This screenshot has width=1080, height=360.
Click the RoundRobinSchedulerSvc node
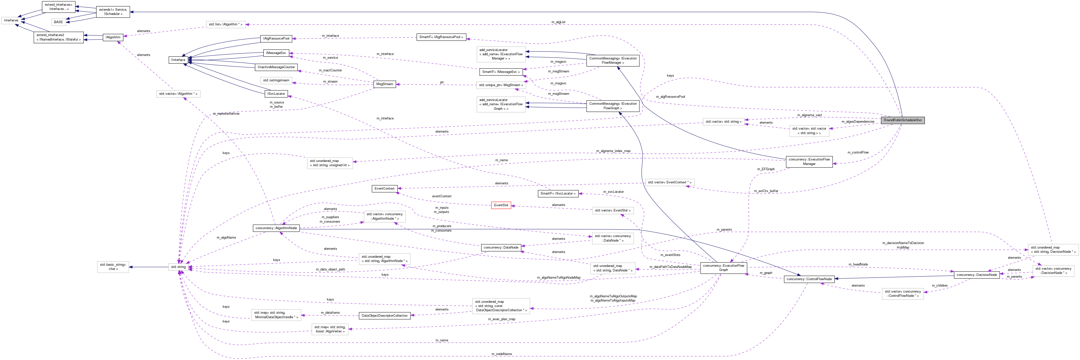[903, 120]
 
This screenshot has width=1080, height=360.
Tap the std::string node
[178, 267]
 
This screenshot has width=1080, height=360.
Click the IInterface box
[178, 60]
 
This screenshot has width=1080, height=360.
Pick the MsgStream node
[384, 84]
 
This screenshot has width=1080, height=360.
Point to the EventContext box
[384, 189]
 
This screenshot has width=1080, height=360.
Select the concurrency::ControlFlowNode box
[809, 279]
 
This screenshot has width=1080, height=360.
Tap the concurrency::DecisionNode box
[977, 275]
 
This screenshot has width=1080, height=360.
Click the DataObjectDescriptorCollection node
[384, 315]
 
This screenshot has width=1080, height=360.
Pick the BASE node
[58, 22]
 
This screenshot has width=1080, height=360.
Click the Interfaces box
[11, 20]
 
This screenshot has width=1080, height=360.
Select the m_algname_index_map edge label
[613, 151]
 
